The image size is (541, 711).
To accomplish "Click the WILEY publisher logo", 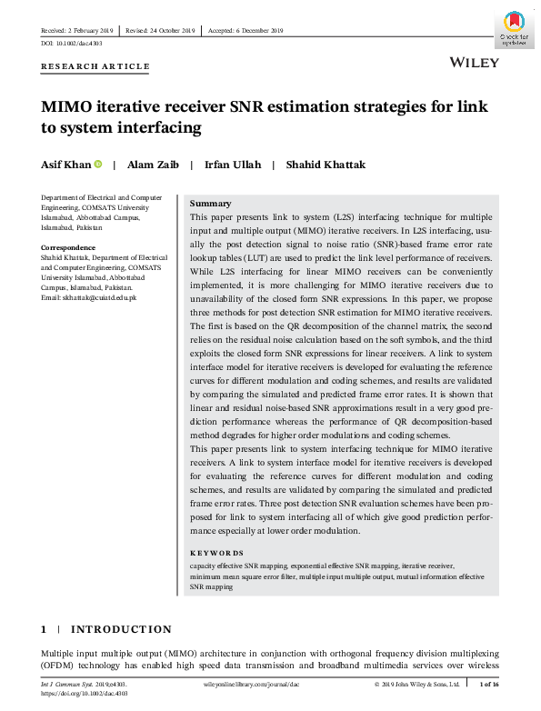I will coord(473,62).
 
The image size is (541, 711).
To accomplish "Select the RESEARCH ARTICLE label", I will coord(95,66).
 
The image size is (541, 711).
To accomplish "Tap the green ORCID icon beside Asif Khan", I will coord(98,165).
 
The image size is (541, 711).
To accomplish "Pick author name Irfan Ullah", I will coord(232,165).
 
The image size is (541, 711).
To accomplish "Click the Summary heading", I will coord(210,204).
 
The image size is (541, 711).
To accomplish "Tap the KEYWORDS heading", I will coord(216,553).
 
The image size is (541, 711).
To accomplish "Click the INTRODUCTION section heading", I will coord(121,629).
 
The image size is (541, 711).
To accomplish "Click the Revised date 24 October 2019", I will coord(162,31).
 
